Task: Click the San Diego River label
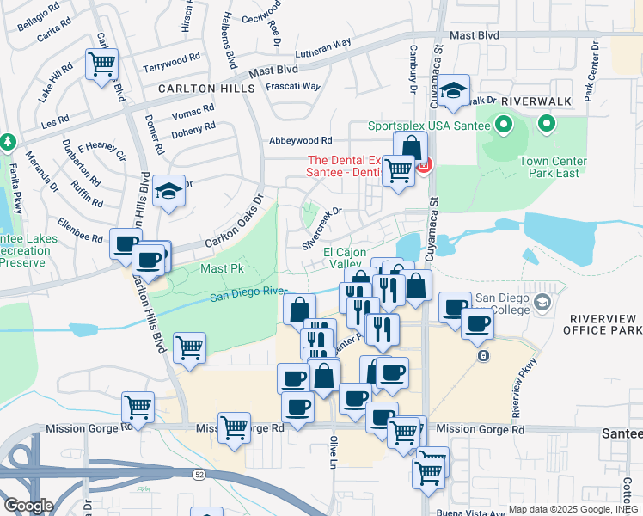tap(249, 295)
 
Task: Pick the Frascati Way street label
tap(292, 87)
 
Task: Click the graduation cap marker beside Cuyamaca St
tap(454, 89)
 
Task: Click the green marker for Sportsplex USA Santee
tap(502, 126)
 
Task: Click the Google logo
tap(28, 506)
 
